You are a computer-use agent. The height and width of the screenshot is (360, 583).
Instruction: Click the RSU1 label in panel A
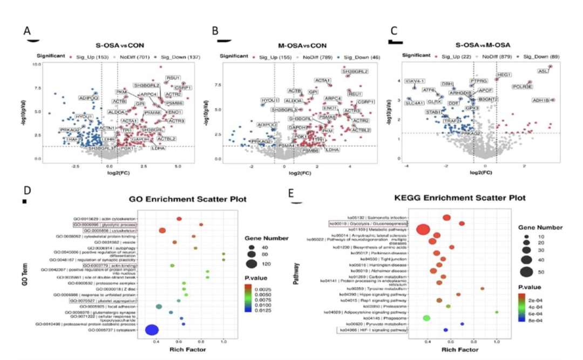click(x=173, y=78)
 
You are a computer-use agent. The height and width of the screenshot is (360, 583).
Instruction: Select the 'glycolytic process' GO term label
click(x=106, y=224)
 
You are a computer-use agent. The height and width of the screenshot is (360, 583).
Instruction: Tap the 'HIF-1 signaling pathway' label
click(x=372, y=330)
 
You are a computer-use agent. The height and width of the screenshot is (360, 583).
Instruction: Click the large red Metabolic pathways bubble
click(x=423, y=230)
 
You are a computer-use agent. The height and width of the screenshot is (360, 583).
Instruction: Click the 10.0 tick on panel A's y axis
click(x=37, y=64)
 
